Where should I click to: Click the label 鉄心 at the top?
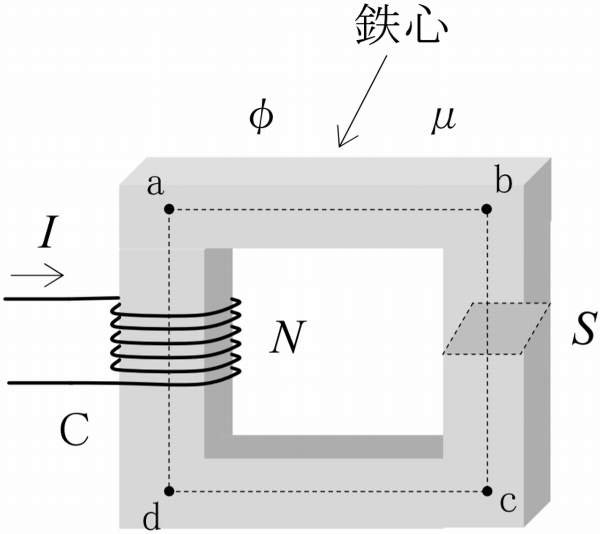(401, 27)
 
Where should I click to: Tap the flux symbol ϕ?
(261, 119)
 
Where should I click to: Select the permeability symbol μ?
(443, 119)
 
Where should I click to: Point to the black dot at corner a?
(169, 209)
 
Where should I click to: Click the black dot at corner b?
(487, 209)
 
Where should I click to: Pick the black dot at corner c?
(487, 491)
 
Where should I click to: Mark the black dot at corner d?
(169, 491)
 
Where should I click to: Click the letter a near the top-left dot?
(155, 185)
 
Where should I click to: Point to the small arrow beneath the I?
(37, 275)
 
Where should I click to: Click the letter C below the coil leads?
(75, 430)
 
